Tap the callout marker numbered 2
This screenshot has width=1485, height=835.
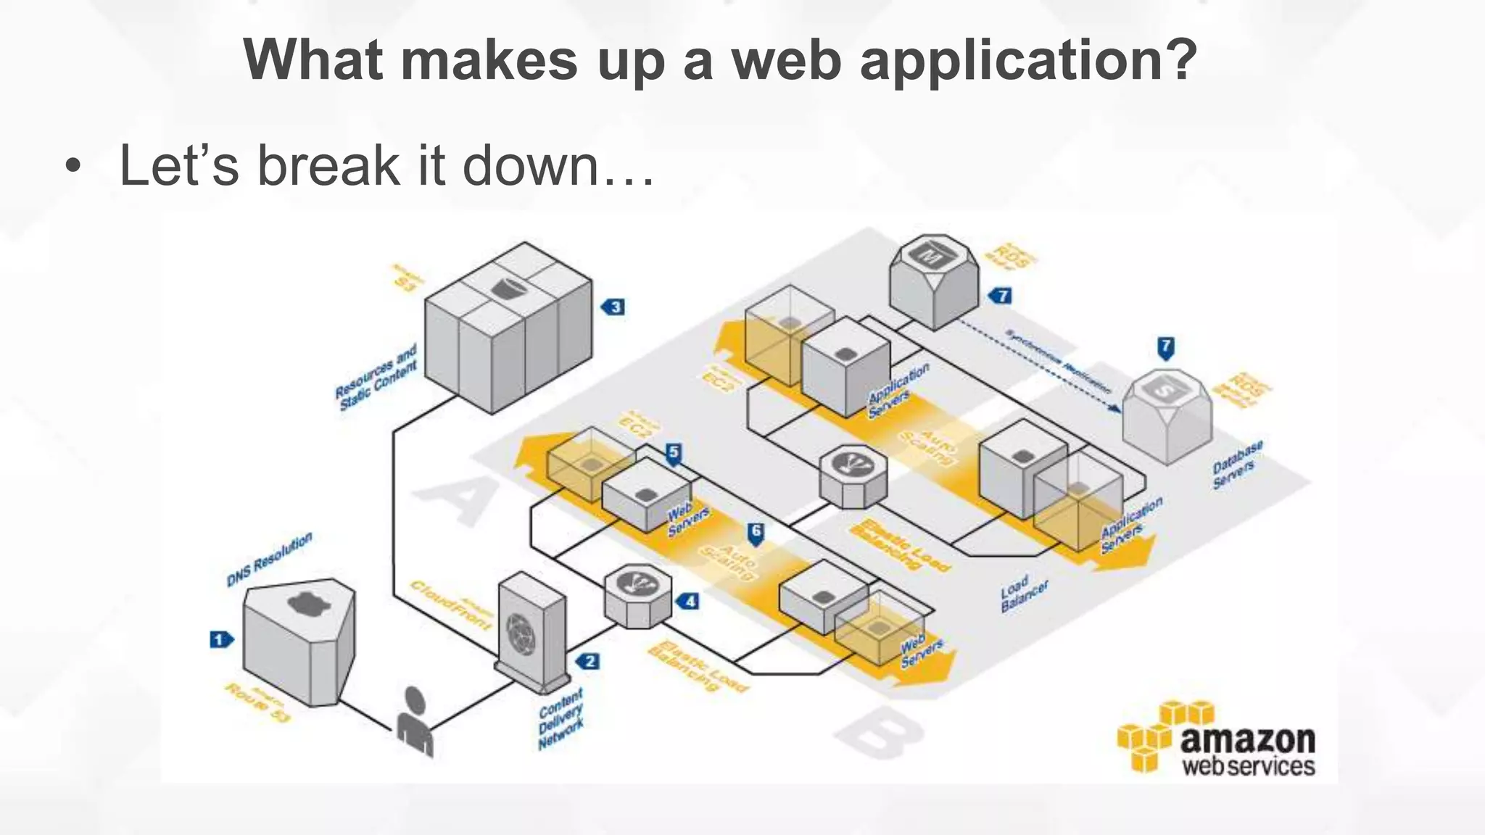coord(588,661)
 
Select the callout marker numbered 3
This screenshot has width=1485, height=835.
coord(613,307)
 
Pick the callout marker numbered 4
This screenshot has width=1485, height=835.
coord(688,601)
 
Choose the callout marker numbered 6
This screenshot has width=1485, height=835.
coord(756,533)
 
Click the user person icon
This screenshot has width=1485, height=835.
coord(415,721)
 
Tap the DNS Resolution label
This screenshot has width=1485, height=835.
coord(270,560)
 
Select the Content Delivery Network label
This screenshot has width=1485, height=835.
coord(561,719)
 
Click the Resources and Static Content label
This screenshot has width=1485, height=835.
coord(376,377)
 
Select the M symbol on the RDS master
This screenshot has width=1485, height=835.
coord(930,255)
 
